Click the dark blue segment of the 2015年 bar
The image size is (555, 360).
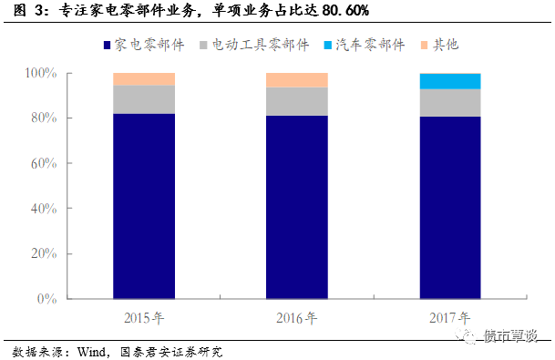tap(144, 206)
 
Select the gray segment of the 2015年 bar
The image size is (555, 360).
tap(144, 99)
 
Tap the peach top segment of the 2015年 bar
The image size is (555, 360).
tap(144, 79)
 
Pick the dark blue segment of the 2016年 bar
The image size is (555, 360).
tap(297, 207)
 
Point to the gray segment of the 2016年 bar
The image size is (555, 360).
tap(297, 101)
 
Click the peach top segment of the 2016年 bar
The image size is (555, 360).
tap(297, 80)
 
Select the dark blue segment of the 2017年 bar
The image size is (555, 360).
tap(450, 207)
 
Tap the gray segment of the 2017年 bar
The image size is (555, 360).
tap(450, 102)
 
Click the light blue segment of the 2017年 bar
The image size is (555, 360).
tap(450, 81)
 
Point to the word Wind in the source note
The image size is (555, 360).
tap(91, 351)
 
